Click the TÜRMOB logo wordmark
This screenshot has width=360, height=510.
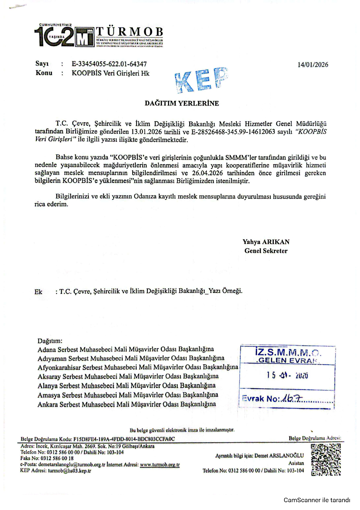[x=129, y=32]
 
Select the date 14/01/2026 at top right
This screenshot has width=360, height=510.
[x=313, y=65]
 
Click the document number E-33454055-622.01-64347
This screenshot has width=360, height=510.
[x=109, y=64]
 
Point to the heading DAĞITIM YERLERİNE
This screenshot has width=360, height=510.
[x=182, y=103]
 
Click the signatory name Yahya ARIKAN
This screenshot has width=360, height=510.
[x=266, y=242]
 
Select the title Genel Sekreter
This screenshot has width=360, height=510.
[x=266, y=251]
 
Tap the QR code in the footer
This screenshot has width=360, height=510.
[x=325, y=459]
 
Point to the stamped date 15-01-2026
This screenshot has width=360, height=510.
[x=287, y=375]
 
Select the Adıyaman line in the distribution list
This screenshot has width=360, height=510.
[x=131, y=358]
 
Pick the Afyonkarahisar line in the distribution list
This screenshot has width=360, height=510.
[x=138, y=367]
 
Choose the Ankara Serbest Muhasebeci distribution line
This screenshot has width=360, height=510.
[x=127, y=404]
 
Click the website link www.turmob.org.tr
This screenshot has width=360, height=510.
[x=160, y=464]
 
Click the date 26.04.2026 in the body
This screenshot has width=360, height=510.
[x=208, y=173]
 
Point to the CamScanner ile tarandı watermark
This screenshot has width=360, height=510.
[x=317, y=500]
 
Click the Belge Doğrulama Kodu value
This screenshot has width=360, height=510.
[x=124, y=439]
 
